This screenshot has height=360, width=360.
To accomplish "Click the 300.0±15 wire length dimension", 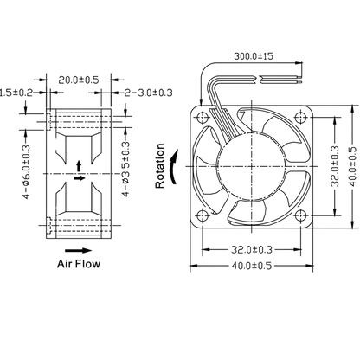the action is click(x=254, y=56).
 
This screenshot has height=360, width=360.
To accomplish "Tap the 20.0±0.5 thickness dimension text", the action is click(x=79, y=80).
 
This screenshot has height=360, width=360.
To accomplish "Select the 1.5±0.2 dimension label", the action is click(x=16, y=93).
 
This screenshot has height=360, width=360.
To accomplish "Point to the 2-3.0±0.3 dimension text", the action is click(x=149, y=93).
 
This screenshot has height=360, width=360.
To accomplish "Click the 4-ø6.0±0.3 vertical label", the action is click(x=26, y=172).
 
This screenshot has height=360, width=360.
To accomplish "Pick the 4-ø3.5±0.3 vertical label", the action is click(x=125, y=170).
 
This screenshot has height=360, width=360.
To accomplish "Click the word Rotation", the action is click(x=160, y=166).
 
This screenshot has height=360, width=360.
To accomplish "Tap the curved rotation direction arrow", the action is click(x=174, y=166).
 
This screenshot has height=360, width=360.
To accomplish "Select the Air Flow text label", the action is click(x=79, y=264).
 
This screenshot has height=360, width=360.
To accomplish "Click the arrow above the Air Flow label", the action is click(x=79, y=251).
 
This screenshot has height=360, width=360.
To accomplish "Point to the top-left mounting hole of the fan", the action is click(x=202, y=118).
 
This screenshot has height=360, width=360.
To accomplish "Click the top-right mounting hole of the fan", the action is click(x=301, y=118).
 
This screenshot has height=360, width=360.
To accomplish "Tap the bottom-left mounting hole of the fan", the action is click(x=202, y=215).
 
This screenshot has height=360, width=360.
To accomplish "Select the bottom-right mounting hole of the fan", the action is click(x=301, y=215).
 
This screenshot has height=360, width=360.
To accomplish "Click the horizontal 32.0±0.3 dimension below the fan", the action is click(x=252, y=249).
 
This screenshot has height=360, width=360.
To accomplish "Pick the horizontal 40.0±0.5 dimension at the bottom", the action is click(x=252, y=266).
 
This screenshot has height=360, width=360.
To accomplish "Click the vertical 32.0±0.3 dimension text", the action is click(x=335, y=166).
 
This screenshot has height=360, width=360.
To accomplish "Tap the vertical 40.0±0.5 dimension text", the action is click(x=352, y=166).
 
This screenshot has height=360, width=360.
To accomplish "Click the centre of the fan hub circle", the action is click(x=252, y=166).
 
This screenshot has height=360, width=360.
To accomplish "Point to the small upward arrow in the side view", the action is click(x=79, y=166).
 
